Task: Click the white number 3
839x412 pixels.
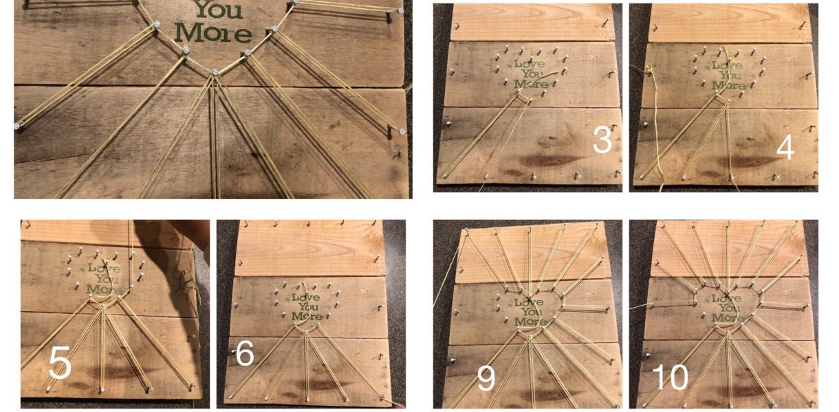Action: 602,140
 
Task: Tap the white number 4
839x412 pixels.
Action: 785,148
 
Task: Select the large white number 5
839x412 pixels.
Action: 60,363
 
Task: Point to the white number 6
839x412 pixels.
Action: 245,354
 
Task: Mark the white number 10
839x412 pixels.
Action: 670,378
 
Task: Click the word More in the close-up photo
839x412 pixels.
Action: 213,33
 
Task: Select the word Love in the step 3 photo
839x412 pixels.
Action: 530,64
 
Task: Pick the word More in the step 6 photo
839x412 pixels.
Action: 307,317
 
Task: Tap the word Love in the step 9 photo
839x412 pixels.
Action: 530,302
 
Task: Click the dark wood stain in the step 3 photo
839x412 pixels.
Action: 547,161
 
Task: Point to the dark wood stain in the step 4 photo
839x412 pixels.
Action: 745,162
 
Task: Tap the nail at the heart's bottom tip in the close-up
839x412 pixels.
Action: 215,71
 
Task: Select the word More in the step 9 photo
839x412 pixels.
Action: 530,321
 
